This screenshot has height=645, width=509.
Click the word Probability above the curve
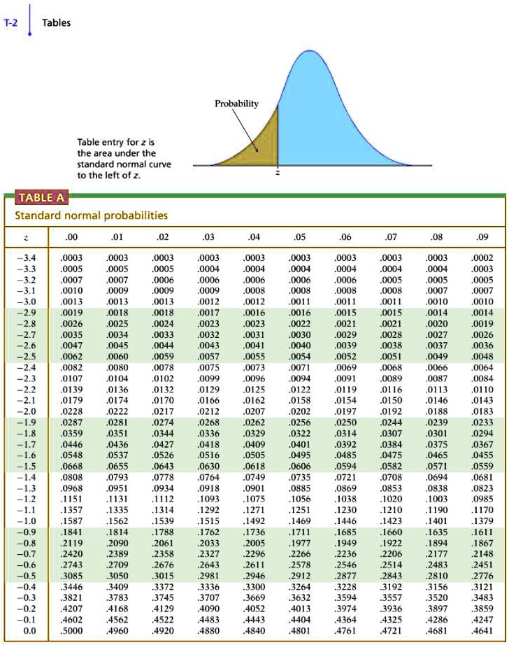[236, 104]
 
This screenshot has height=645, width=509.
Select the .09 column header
[482, 236]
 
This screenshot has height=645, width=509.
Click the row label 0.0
[29, 630]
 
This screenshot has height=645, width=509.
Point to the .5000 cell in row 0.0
[72, 630]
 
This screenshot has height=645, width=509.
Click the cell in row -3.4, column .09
[482, 257]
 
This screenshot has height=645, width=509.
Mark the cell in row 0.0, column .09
[482, 630]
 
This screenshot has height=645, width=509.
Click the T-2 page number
[12, 22]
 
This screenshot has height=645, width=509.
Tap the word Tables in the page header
[56, 22]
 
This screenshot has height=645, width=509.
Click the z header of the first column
[27, 236]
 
